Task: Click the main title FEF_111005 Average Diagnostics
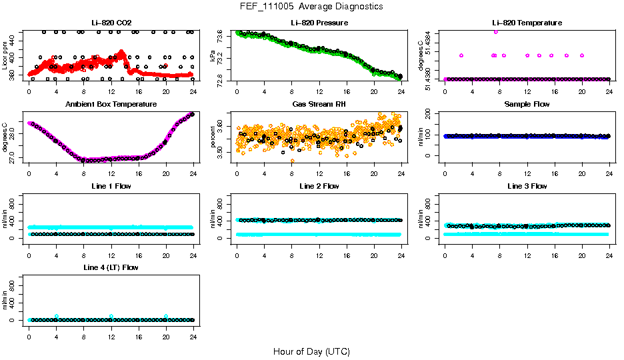312,7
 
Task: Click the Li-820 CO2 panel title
111,23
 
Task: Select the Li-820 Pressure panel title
319,23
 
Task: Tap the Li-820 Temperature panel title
527,23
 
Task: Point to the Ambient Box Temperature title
111,105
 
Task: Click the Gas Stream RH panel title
319,105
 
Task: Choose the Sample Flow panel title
527,105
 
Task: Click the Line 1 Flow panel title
111,186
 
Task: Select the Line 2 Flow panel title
319,186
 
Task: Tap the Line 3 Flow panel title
527,186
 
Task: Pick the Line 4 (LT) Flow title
111,267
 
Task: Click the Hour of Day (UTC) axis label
311,351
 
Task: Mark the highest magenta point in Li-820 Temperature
495,31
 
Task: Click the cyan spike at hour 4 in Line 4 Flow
57,316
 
